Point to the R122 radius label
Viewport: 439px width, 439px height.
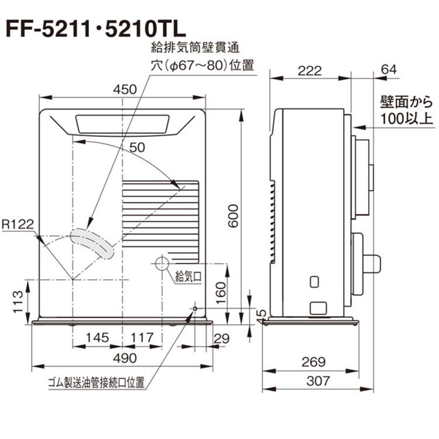tap(17, 224)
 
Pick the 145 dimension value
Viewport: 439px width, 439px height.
tap(97, 337)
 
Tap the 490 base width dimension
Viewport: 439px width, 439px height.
tap(123, 358)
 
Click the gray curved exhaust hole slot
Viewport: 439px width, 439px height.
tap(91, 242)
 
